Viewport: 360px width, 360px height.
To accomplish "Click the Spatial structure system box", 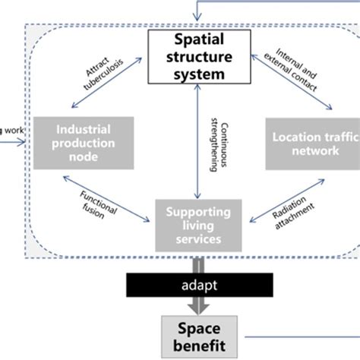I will pos(197,55).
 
